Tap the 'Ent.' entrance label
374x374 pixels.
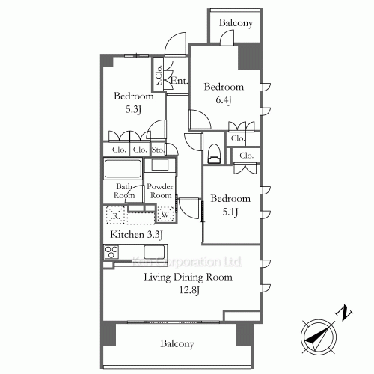tap(180, 81)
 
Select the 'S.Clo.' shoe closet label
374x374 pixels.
tap(159, 76)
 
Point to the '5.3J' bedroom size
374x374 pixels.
tap(134, 110)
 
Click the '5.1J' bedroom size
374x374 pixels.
tap(230, 212)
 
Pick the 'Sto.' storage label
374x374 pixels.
tap(159, 150)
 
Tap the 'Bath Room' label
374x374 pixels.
tap(125, 191)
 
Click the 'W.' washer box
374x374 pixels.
tap(165, 216)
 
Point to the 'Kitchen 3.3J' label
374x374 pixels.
tap(137, 235)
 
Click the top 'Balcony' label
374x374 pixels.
tap(236, 23)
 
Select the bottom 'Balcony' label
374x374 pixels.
tap(177, 344)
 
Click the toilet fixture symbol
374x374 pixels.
tap(215, 152)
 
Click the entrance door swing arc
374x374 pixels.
tap(175, 43)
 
